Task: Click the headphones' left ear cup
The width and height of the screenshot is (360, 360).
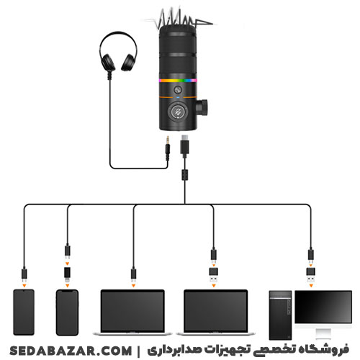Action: pos(107,62)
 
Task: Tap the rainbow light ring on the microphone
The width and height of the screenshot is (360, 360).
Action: pos(178,81)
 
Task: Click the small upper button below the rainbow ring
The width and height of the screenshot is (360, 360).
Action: pos(178,90)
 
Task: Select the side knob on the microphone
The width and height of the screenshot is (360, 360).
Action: pos(202,107)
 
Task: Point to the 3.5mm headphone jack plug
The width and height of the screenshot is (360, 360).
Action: pos(168,148)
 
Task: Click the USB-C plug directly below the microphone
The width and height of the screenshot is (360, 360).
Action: pos(184,146)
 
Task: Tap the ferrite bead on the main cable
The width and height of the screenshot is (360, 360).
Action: pos(184,175)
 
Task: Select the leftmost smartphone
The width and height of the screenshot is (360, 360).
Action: pos(24,312)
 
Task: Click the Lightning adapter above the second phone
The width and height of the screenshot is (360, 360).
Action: pos(68,274)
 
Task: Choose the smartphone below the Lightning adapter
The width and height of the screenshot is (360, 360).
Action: pos(67,312)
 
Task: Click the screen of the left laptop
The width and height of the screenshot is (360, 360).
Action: pos(132,311)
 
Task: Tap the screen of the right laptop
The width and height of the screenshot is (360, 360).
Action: pos(215,311)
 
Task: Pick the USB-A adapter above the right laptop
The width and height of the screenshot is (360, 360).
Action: pos(214,275)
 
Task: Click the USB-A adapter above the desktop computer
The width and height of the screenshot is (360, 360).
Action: pos(311,275)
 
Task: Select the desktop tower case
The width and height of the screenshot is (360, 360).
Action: pos(280,315)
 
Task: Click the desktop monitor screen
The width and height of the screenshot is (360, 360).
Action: pos(323,307)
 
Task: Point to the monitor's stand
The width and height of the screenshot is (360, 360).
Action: pos(323,333)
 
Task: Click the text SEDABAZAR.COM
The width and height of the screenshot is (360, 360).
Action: pos(71,351)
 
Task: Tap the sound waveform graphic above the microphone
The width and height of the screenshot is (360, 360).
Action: pos(179,18)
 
